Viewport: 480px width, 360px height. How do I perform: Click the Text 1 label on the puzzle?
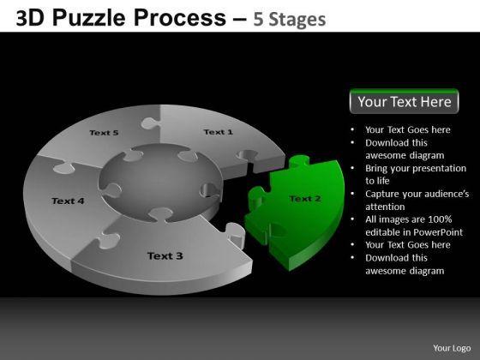[219, 132]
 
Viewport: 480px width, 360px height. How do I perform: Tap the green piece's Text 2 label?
[305, 199]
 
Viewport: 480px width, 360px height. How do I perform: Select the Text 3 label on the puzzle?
[165, 255]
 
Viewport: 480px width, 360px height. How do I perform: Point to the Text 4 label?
[68, 201]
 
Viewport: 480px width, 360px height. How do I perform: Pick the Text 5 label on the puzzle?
[104, 133]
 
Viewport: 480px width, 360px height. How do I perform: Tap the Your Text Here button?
[404, 101]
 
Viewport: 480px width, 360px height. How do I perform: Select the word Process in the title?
[180, 18]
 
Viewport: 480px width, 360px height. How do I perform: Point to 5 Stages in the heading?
[290, 19]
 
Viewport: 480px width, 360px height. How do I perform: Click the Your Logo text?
[452, 348]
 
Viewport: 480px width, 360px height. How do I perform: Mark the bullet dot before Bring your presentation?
[352, 168]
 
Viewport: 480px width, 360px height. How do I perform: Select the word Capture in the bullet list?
[382, 195]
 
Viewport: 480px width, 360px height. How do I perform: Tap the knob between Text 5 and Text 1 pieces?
[149, 123]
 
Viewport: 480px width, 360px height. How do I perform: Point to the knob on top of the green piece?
[299, 160]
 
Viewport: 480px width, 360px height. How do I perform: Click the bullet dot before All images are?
[352, 219]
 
